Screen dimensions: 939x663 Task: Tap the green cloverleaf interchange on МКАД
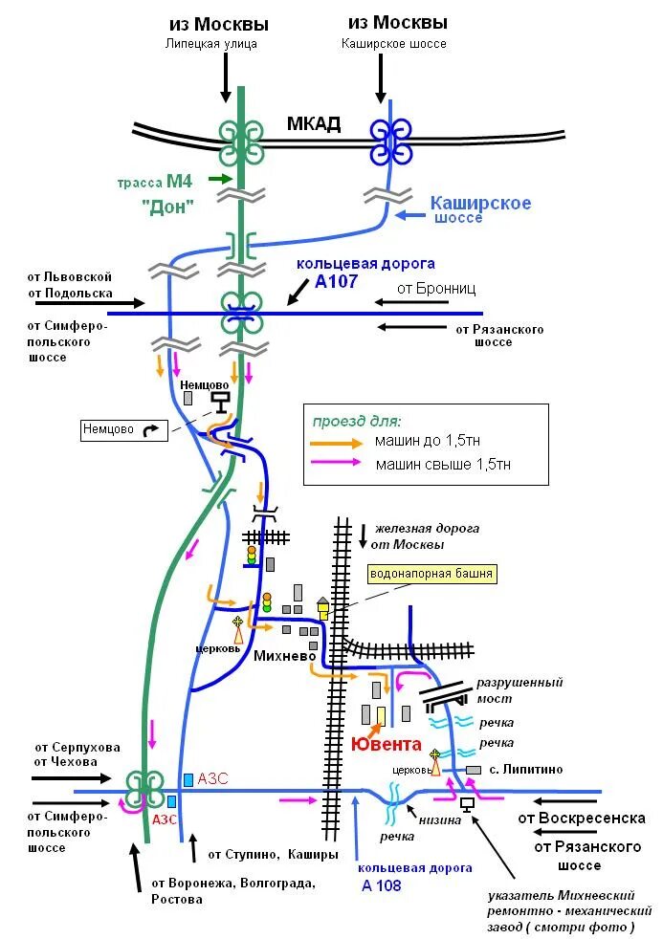[240, 142]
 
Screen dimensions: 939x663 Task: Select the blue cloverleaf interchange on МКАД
[390, 142]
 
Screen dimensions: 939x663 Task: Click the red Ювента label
[386, 743]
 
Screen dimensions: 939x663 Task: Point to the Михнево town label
[285, 656]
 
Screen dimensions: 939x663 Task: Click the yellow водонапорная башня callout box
[433, 574]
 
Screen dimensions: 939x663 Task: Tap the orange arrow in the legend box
[336, 442]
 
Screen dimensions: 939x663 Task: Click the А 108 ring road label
[382, 884]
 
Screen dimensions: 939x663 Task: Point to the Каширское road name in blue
[480, 203]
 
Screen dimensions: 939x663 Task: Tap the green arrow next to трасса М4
[220, 179]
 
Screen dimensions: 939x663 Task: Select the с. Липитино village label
[525, 769]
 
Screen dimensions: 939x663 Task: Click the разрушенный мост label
[519, 690]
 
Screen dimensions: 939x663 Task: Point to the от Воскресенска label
[582, 819]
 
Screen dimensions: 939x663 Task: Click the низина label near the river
[440, 819]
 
